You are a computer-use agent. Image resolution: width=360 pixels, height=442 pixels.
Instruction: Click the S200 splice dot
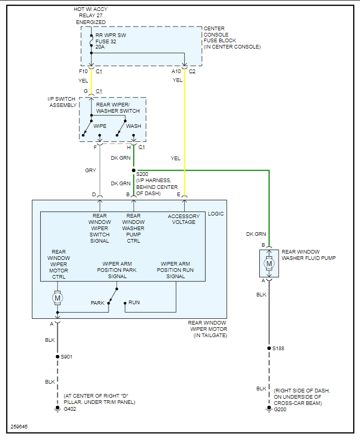[134, 170]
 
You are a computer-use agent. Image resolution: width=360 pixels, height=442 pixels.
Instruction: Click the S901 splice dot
[57, 357]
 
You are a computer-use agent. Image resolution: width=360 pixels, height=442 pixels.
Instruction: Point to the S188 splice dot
[269, 348]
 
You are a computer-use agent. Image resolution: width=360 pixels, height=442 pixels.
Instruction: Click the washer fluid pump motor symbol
[269, 264]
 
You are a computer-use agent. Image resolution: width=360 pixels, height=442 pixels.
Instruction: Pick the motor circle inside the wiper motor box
[57, 297]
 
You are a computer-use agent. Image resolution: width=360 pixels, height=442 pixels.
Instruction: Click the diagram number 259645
[19, 427]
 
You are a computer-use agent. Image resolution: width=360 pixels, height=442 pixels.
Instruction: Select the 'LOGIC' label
[216, 213]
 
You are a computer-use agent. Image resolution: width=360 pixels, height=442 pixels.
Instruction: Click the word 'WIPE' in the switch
[100, 126]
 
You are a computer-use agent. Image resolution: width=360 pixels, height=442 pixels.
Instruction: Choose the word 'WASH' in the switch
[134, 126]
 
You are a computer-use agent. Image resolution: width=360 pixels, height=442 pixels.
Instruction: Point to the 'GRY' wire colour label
[90, 170]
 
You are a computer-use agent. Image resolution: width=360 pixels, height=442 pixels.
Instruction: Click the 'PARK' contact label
[98, 303]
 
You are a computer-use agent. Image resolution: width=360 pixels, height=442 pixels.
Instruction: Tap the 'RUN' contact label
[134, 303]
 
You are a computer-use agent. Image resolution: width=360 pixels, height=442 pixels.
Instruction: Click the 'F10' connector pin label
[83, 71]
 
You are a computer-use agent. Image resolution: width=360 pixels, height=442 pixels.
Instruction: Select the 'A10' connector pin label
[177, 71]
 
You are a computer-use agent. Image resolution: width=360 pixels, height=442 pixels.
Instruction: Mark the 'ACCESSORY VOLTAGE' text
[184, 219]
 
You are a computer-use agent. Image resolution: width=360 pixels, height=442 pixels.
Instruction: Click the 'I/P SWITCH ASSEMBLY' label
[62, 102]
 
